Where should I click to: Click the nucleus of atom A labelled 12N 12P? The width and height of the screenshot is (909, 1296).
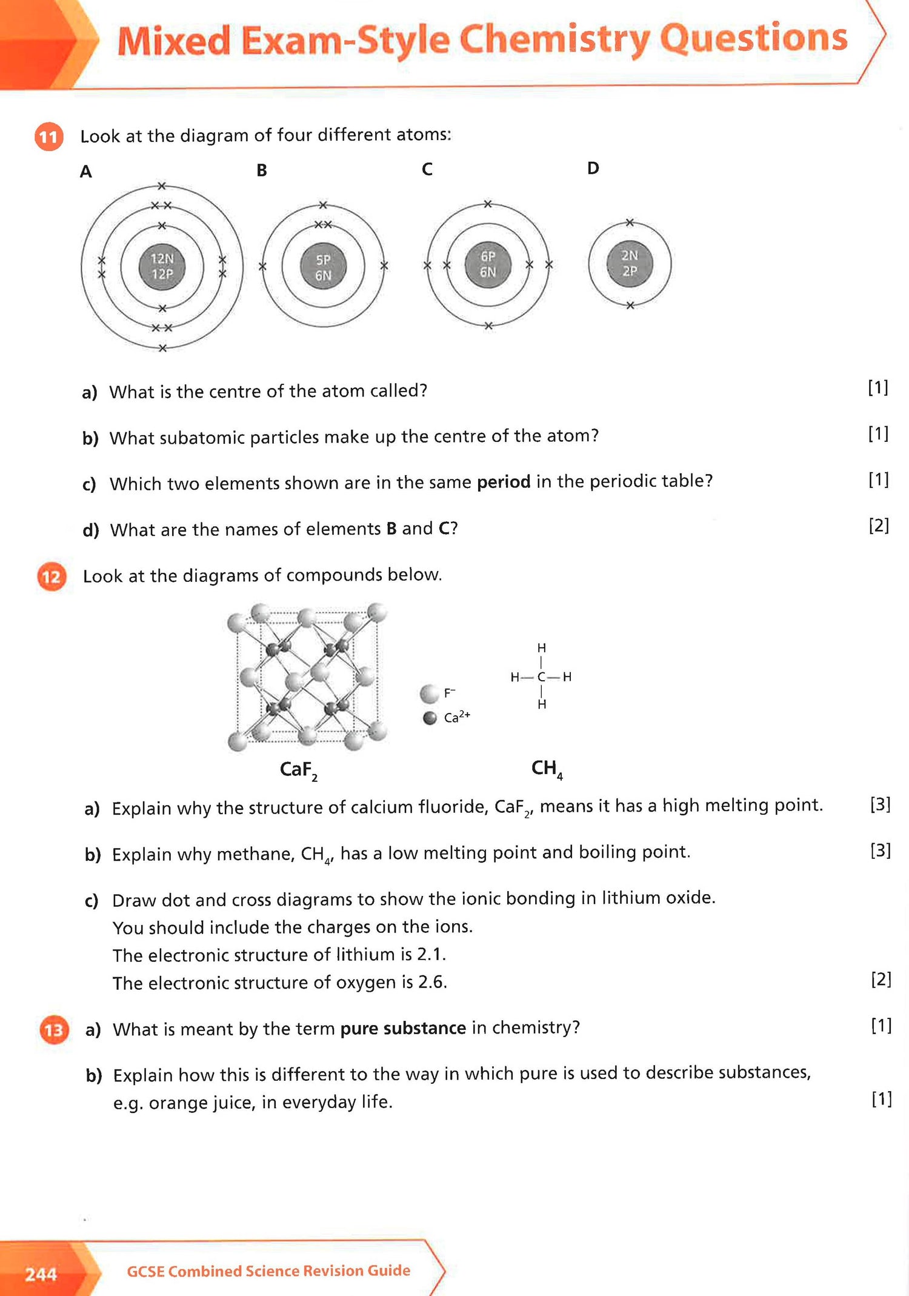coord(162,267)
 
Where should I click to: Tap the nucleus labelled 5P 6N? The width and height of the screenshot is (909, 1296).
coord(323,267)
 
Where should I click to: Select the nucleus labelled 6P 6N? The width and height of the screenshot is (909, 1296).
coord(488,264)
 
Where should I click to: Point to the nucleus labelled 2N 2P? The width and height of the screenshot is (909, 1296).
coord(630,264)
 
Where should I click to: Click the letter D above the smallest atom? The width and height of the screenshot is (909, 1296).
coord(593,169)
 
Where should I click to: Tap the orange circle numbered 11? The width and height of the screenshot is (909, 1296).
coord(48,137)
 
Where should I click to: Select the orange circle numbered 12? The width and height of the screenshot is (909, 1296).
coord(52,576)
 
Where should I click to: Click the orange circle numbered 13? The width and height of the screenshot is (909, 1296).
coord(54,1030)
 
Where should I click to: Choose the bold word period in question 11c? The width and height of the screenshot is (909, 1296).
coord(504,482)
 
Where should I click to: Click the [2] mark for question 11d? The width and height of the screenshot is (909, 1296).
coord(879,526)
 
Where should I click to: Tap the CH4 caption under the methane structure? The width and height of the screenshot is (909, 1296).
coord(547,769)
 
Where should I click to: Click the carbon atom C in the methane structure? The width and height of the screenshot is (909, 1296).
coord(541,677)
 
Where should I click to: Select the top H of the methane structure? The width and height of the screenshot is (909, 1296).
coord(542,648)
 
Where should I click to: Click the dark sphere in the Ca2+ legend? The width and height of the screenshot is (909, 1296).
coord(430,718)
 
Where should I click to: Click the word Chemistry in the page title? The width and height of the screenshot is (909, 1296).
coord(554,40)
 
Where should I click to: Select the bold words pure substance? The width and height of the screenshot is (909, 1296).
coord(403,1029)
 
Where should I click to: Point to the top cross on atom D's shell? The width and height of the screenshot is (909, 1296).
coord(630,223)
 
